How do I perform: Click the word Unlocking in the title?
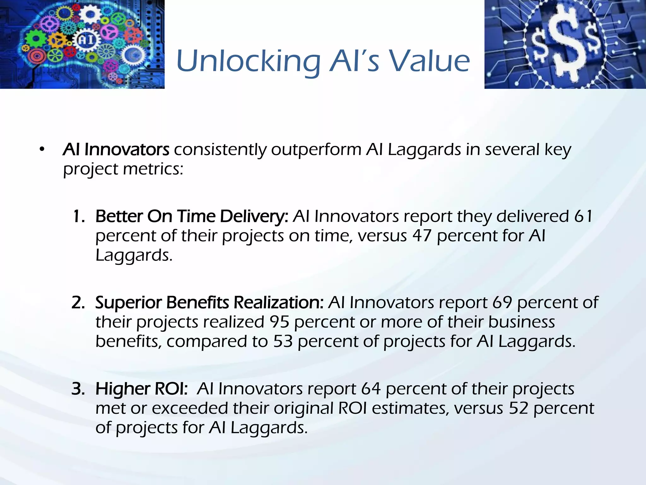(x=249, y=62)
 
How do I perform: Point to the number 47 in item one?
(x=422, y=236)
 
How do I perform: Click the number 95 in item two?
(x=279, y=322)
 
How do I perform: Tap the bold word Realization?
(x=279, y=302)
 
